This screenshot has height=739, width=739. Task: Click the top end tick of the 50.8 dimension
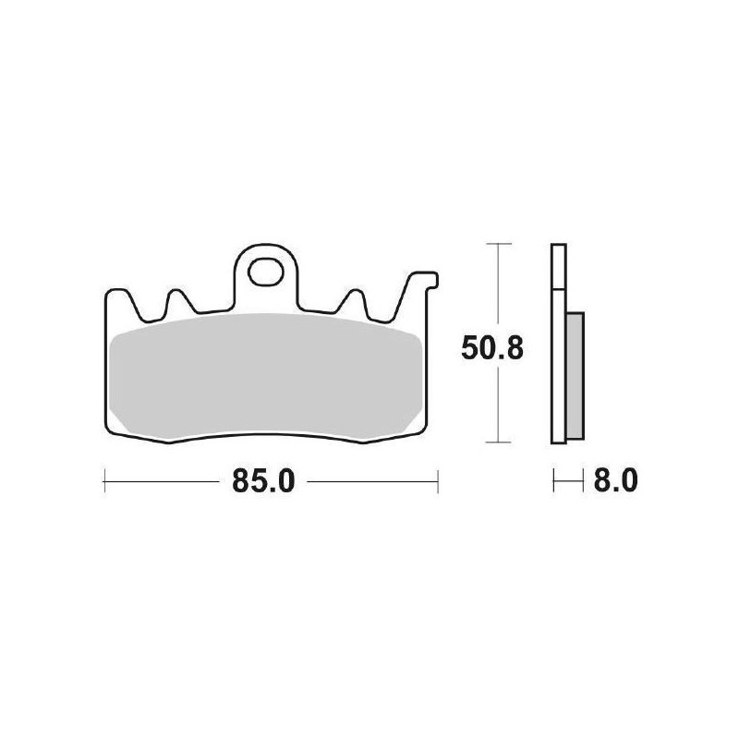(x=499, y=245)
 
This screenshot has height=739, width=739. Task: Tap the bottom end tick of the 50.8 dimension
(x=499, y=443)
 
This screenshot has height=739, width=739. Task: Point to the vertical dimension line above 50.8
(x=499, y=286)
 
